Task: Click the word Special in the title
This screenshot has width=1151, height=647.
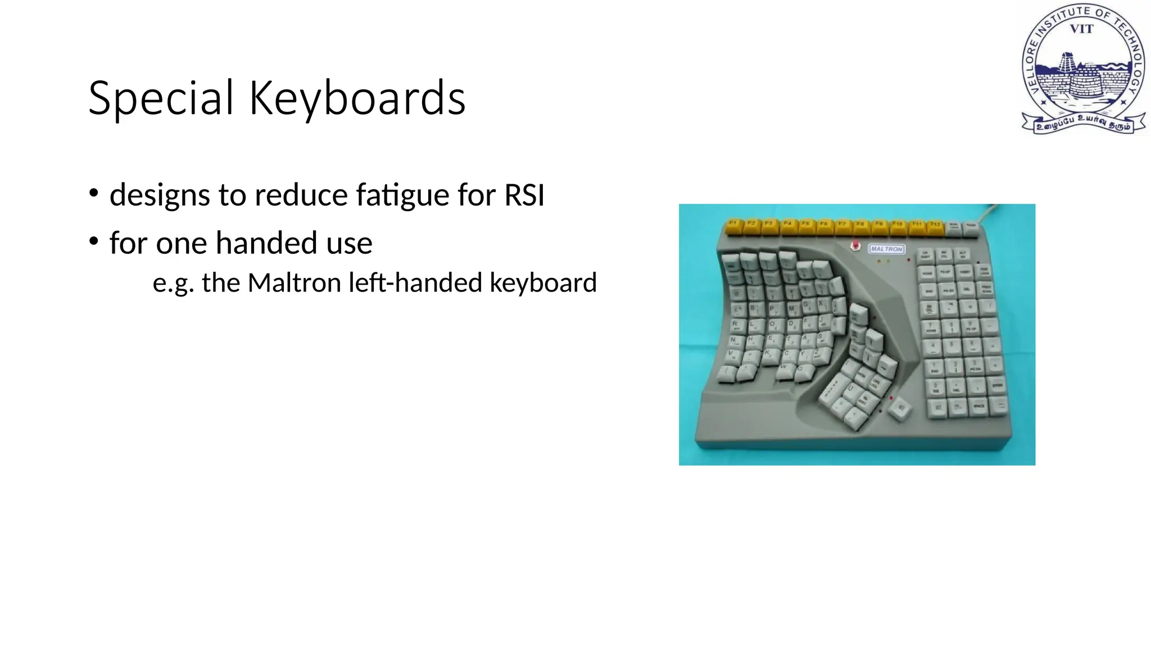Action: (x=161, y=98)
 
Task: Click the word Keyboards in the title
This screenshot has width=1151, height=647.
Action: (x=357, y=98)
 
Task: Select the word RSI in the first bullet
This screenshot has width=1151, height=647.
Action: (x=524, y=195)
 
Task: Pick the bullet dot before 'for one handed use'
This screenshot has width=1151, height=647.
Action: (x=94, y=242)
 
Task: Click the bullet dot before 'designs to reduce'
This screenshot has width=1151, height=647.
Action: (x=94, y=194)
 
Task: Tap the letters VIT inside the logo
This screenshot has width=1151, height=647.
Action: (x=1081, y=29)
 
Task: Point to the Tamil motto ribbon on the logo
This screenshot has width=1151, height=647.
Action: (x=1083, y=123)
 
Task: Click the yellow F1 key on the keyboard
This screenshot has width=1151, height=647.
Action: (x=733, y=225)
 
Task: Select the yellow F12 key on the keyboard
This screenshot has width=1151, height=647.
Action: (x=935, y=226)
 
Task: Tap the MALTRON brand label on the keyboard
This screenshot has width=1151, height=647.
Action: (x=886, y=249)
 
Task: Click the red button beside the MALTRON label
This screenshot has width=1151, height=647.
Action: (x=855, y=246)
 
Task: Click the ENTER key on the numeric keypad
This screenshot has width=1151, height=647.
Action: (x=997, y=385)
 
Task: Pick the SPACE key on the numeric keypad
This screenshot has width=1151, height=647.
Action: (x=978, y=406)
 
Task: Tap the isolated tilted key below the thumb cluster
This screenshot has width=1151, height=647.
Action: (x=901, y=408)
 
